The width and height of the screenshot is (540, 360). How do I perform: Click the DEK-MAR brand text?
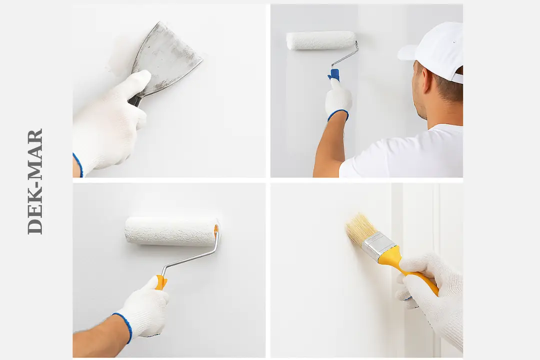coord(35,181)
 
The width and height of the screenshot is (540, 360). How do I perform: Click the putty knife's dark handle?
coord(134,100)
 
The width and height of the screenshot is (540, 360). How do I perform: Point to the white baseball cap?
coord(434,50)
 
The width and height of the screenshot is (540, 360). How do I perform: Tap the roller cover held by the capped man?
coord(321,40)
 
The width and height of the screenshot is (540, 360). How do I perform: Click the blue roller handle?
coord(334,75)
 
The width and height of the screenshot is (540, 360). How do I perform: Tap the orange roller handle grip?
coord(160,282)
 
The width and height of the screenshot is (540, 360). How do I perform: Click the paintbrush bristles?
coord(360,229)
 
